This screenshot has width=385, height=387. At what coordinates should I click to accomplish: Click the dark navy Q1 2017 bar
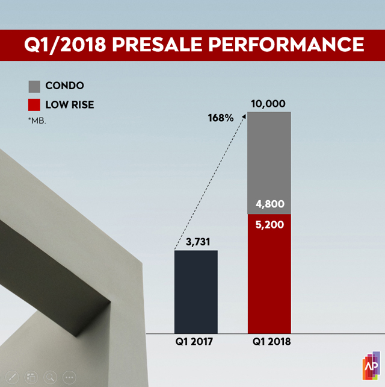196,291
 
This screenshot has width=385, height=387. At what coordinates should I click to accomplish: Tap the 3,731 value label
196,242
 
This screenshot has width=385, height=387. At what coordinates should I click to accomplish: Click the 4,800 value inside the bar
269,204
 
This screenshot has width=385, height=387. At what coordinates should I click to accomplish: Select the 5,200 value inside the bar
269,225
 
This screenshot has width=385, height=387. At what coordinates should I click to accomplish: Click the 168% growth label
221,118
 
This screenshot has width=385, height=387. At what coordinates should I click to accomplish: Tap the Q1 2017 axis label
196,342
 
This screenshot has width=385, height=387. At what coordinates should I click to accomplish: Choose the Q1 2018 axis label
269,342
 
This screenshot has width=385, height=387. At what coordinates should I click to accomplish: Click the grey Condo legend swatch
34,86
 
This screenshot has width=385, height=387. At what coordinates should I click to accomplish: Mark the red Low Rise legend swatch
34,105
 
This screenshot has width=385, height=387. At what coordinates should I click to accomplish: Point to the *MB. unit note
37,121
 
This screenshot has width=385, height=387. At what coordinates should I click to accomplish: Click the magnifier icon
51,377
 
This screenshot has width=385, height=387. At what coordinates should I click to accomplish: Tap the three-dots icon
70,377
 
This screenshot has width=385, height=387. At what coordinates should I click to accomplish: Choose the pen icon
12,377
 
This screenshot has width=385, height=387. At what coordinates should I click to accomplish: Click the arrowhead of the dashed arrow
245,116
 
